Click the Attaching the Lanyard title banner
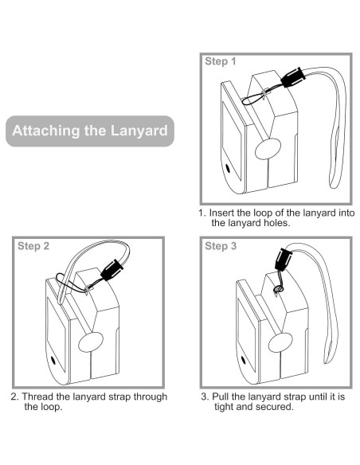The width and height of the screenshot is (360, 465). click(x=90, y=131)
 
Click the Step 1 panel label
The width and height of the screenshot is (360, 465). click(x=221, y=61)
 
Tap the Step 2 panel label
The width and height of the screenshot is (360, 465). click(x=33, y=246)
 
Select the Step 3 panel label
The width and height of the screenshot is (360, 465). click(x=221, y=246)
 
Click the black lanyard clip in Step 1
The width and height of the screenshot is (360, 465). click(x=293, y=77)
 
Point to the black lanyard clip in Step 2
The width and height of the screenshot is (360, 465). click(x=112, y=270)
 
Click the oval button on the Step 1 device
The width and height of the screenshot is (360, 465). click(x=268, y=149)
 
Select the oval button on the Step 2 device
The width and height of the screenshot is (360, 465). click(x=91, y=342)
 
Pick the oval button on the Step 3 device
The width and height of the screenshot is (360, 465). click(x=280, y=343)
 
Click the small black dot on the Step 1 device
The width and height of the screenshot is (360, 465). click(x=228, y=169)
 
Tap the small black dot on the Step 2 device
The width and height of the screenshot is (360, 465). click(x=53, y=360)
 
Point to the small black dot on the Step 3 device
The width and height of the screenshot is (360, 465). click(x=244, y=360)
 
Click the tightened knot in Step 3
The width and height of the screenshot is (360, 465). click(x=278, y=288)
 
